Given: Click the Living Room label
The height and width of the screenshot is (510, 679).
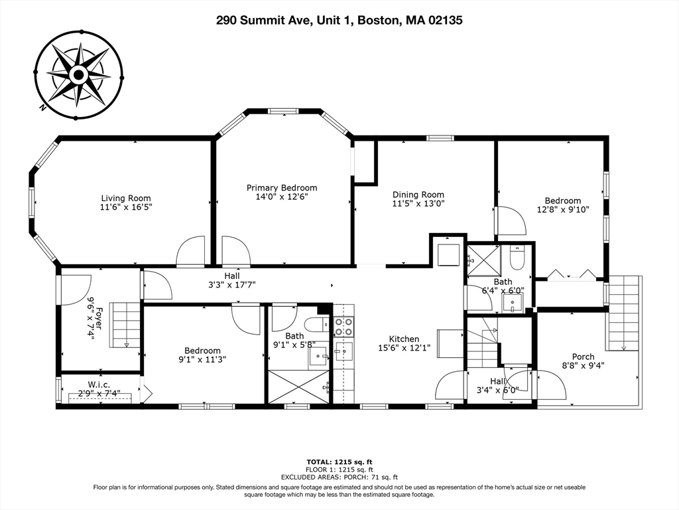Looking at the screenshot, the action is click(x=126, y=199).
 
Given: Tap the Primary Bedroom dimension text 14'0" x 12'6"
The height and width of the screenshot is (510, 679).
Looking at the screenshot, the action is click(x=282, y=197).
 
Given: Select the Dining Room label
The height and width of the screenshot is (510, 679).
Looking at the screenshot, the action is click(x=418, y=195).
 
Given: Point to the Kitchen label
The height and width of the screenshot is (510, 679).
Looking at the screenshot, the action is click(x=404, y=339).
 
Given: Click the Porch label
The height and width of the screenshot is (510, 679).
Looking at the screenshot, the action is click(x=584, y=357).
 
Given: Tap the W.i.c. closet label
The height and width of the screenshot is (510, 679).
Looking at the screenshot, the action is click(x=99, y=384).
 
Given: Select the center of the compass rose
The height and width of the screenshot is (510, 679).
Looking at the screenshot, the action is click(x=78, y=75).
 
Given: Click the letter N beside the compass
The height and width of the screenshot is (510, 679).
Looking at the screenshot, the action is click(x=42, y=108).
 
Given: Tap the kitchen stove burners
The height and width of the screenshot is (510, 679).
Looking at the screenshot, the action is click(x=343, y=327).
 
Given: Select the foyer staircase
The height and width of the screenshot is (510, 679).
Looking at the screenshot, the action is click(x=125, y=325).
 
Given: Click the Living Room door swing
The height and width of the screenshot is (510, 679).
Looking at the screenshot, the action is click(x=190, y=250).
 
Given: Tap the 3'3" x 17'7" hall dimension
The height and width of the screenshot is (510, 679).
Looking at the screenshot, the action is click(x=232, y=285).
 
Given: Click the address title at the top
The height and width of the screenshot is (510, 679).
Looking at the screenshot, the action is click(x=339, y=20).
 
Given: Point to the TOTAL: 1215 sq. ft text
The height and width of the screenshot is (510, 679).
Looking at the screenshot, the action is click(x=339, y=462).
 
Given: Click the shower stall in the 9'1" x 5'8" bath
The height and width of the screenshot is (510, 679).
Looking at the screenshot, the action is click(x=299, y=387).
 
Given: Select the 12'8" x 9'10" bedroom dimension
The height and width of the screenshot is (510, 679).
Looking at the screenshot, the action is click(x=563, y=209).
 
